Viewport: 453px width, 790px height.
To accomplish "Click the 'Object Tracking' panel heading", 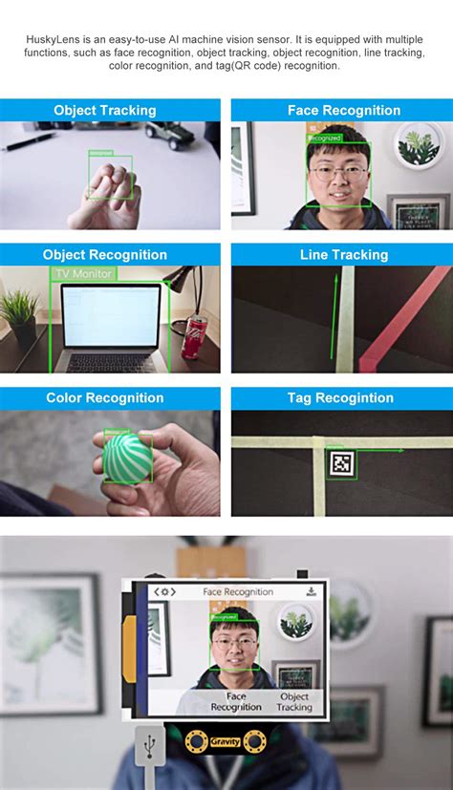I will point(105,111).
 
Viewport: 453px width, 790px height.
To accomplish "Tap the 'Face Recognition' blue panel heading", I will point(344,111).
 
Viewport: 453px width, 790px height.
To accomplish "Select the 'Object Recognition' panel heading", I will point(105,255).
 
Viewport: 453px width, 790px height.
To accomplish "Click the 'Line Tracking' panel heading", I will point(344,255).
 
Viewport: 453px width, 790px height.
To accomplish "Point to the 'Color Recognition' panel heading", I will point(105,398).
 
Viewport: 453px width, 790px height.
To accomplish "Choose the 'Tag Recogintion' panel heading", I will point(340,398).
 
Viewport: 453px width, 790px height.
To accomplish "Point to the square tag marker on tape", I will point(341,464).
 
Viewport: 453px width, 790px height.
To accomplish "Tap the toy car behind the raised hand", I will point(169,135).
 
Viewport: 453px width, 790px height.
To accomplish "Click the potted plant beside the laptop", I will point(19,315).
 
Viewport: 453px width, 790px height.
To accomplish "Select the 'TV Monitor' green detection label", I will point(83,274).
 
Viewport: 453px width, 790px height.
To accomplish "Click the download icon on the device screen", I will point(311,592).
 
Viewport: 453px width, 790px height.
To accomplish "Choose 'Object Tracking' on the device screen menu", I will point(294,702).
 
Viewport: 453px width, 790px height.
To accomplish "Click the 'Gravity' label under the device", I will point(226,741).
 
